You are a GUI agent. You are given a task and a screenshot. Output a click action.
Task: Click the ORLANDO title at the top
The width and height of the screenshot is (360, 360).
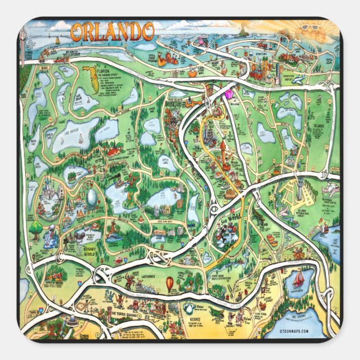112,32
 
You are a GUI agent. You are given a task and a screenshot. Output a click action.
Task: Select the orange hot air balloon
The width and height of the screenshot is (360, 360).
169,285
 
